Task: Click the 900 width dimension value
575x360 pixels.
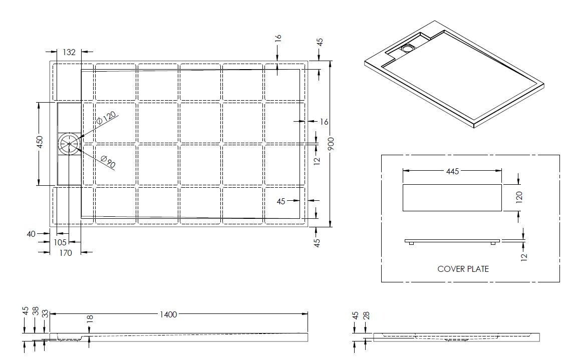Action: pos(331,145)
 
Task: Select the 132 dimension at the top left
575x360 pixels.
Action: pos(69,52)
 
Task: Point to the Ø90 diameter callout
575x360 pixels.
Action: pos(108,161)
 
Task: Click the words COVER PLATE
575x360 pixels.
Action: pos(463,269)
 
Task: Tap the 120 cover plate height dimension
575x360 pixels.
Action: pos(519,197)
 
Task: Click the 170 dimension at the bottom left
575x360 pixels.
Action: pos(66,253)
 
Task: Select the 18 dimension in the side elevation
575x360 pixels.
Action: pos(90,319)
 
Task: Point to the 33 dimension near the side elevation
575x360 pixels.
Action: pos(45,314)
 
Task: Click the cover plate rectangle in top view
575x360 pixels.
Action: pos(452,197)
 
